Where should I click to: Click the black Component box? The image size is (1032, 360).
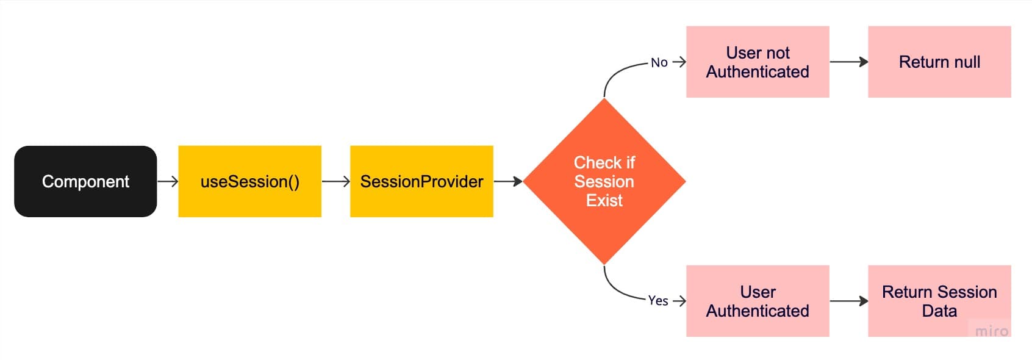(85, 182)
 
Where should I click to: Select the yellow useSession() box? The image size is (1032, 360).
(249, 182)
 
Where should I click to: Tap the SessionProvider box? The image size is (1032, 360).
(421, 182)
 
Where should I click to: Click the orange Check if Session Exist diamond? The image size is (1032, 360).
(604, 182)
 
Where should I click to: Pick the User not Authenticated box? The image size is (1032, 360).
(758, 62)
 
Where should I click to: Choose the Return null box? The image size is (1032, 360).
(939, 62)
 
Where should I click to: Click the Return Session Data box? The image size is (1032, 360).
(939, 301)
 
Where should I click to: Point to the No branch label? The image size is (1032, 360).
(659, 62)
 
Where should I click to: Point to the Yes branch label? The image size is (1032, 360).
(658, 301)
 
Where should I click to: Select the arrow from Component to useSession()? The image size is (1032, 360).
(168, 182)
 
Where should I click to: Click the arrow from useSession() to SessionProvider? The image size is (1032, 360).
(336, 182)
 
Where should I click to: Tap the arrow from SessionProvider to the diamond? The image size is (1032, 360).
(508, 182)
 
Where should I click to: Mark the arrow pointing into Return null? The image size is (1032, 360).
(848, 62)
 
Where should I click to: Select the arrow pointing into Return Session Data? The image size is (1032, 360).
(848, 301)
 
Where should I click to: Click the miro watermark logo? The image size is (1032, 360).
(992, 331)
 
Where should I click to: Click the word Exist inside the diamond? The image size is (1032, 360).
(604, 201)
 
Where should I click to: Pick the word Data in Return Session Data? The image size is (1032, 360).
(939, 311)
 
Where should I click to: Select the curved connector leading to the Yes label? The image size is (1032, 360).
(615, 290)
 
